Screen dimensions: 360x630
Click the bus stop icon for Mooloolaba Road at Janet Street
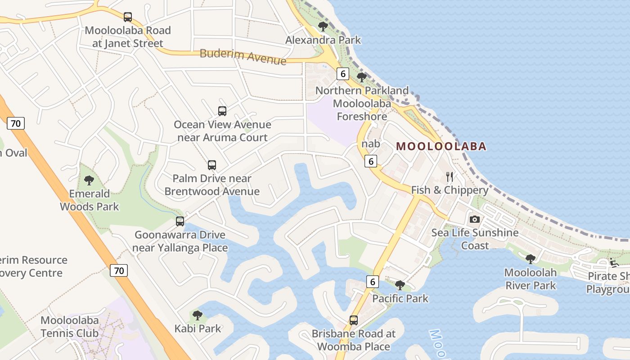pyautogui.click(x=128, y=17)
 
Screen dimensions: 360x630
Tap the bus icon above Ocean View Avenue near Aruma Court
pyautogui.click(x=222, y=111)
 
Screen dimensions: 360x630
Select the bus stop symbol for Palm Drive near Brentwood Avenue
pyautogui.click(x=212, y=165)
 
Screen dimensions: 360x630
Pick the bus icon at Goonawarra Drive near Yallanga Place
pyautogui.click(x=180, y=221)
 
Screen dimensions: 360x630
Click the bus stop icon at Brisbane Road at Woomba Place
pyautogui.click(x=354, y=320)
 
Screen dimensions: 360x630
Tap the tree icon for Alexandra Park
pyautogui.click(x=323, y=27)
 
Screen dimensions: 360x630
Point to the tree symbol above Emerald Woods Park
pyautogui.click(x=89, y=180)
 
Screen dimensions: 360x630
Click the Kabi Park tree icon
pyautogui.click(x=197, y=315)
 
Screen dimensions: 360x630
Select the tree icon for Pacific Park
pyautogui.click(x=400, y=285)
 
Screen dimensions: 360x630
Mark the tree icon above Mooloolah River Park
pyautogui.click(x=531, y=259)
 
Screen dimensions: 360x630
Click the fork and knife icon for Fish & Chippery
pyautogui.click(x=449, y=176)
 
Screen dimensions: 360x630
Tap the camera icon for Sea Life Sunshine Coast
pyautogui.click(x=474, y=220)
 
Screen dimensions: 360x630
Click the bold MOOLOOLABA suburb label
pyautogui.click(x=441, y=146)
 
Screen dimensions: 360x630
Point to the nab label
pyautogui.click(x=371, y=144)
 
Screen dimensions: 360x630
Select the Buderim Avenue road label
pyautogui.click(x=243, y=57)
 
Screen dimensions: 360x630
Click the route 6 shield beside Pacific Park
pyautogui.click(x=373, y=282)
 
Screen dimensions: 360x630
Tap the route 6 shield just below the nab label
pyautogui.click(x=371, y=161)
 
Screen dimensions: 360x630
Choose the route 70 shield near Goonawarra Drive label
pyautogui.click(x=119, y=270)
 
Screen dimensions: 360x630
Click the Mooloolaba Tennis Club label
pyautogui.click(x=69, y=327)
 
